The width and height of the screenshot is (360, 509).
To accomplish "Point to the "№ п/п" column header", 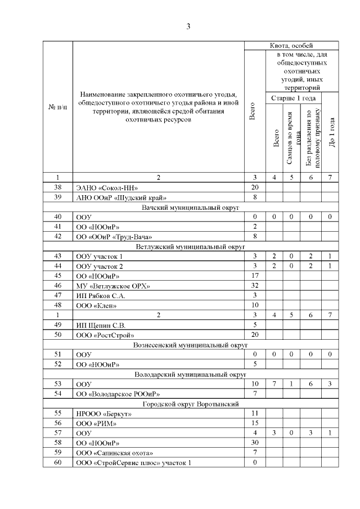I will pyautogui.click(x=57, y=107).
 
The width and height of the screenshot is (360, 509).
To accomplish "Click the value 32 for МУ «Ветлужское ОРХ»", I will pyautogui.click(x=254, y=286).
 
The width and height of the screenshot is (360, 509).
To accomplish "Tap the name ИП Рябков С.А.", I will pyautogui.click(x=101, y=295).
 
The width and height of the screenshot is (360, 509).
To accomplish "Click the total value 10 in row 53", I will pyautogui.click(x=254, y=384).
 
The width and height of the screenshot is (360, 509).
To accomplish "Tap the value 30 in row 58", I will pyautogui.click(x=254, y=443).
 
